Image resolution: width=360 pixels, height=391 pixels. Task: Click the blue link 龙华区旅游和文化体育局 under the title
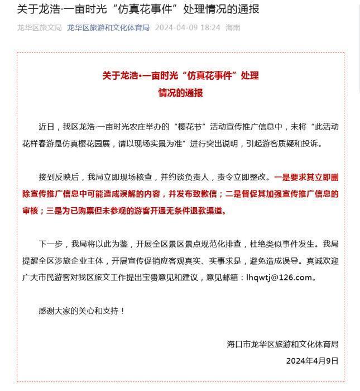108,27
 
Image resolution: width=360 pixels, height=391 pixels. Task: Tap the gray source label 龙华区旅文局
39,27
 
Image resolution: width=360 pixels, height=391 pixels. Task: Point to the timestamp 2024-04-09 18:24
187,27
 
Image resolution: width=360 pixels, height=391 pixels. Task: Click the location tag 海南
233,27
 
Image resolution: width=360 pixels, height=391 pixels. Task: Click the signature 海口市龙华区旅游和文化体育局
282,344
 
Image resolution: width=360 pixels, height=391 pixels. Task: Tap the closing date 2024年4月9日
312,361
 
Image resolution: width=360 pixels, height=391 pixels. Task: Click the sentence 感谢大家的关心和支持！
81,311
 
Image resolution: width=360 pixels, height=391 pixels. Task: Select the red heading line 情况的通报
180,93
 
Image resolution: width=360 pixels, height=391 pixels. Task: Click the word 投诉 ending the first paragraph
313,144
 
